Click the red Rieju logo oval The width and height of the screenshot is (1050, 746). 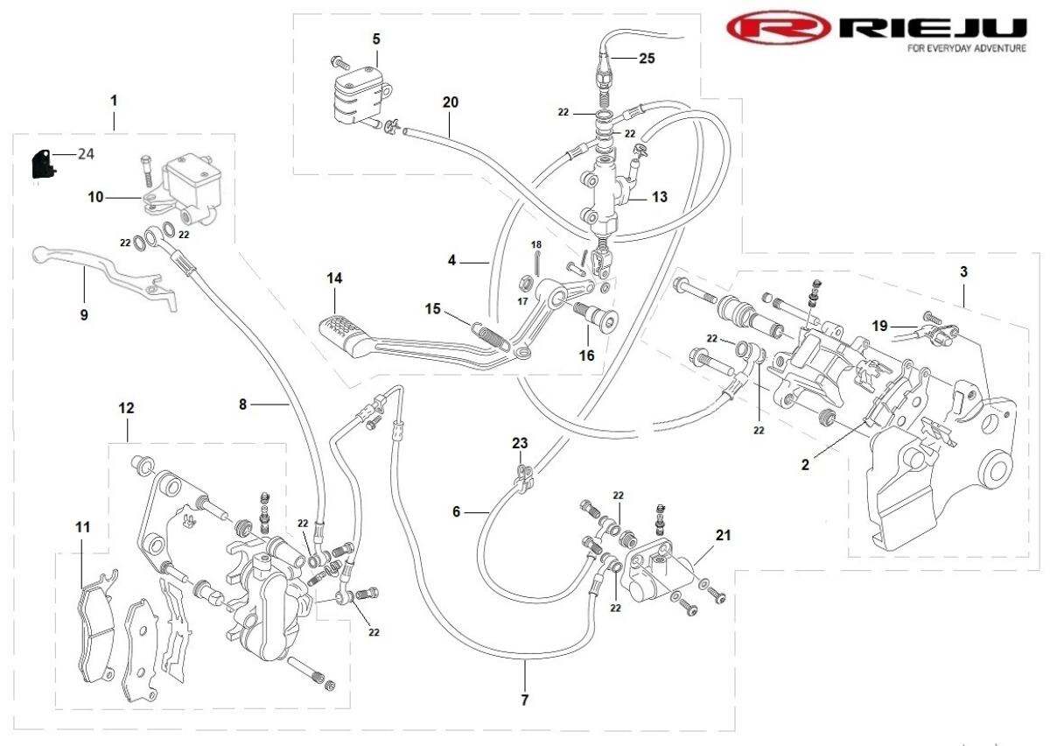click(778, 28)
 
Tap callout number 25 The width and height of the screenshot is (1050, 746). click(647, 59)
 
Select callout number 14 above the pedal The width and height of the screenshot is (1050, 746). click(334, 278)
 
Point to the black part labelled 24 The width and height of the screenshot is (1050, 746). click(40, 163)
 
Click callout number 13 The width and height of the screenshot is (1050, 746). click(659, 197)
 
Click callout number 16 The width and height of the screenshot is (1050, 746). click(585, 355)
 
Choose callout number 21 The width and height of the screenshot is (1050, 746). click(723, 535)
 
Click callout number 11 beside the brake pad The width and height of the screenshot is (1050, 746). click(82, 527)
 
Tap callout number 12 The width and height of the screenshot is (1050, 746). click(127, 408)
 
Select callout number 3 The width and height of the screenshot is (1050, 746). click(963, 271)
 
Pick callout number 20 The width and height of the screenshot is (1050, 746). click(450, 102)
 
